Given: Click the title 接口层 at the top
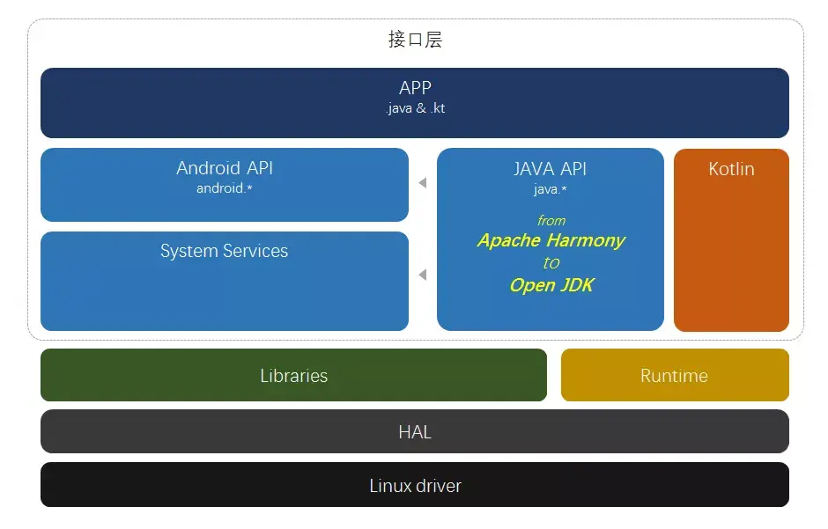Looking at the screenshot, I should pyautogui.click(x=414, y=40).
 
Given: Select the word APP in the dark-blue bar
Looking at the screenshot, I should pyautogui.click(x=415, y=88).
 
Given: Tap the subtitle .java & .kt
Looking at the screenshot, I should pyautogui.click(x=415, y=108).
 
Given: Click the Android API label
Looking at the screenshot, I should pyautogui.click(x=225, y=168).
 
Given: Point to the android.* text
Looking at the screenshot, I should pyautogui.click(x=225, y=188).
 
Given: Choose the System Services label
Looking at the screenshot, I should pyautogui.click(x=224, y=251).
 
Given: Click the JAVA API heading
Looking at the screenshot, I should pyautogui.click(x=550, y=168).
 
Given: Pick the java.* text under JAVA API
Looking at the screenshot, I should pyautogui.click(x=550, y=189).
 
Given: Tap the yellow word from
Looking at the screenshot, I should pyautogui.click(x=551, y=220).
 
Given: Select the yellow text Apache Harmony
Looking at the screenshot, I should pyautogui.click(x=551, y=240).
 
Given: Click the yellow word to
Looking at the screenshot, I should pyautogui.click(x=551, y=262).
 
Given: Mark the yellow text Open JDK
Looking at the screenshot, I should pyautogui.click(x=551, y=285).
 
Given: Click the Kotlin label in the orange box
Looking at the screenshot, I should pyautogui.click(x=731, y=169).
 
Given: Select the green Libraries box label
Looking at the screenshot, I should pyautogui.click(x=293, y=376).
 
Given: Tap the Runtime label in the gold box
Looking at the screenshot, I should pyautogui.click(x=674, y=376).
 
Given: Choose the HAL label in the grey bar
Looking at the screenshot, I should pyautogui.click(x=415, y=432).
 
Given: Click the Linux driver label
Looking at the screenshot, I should pyautogui.click(x=415, y=486).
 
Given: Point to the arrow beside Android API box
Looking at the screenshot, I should pyautogui.click(x=423, y=183).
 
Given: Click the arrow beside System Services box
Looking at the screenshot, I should pyautogui.click(x=423, y=276).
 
